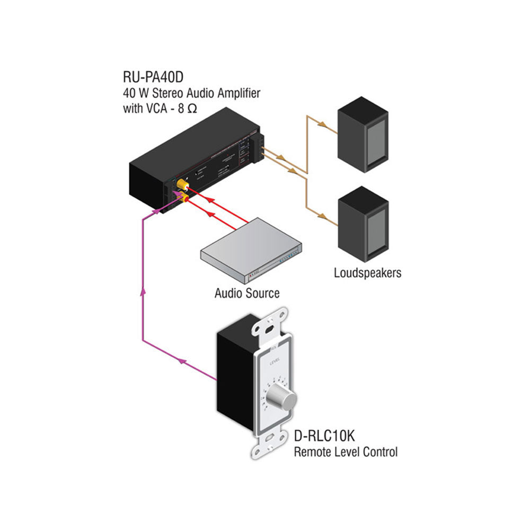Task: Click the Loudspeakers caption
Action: pos(367,273)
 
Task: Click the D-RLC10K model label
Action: pos(324,438)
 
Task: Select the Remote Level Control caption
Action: pos(345,452)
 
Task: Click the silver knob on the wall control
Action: pos(281,396)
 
